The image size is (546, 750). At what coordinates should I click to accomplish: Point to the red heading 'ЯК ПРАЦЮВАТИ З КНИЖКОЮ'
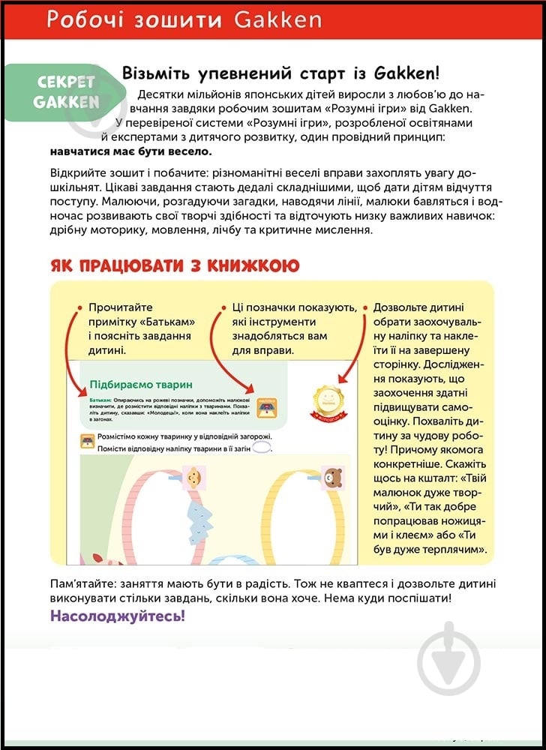click(174, 265)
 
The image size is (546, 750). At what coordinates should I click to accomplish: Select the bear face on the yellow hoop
click(331, 475)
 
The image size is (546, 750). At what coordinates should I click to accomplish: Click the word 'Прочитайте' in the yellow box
click(120, 307)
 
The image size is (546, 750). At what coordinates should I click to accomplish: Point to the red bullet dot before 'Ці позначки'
click(223, 307)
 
